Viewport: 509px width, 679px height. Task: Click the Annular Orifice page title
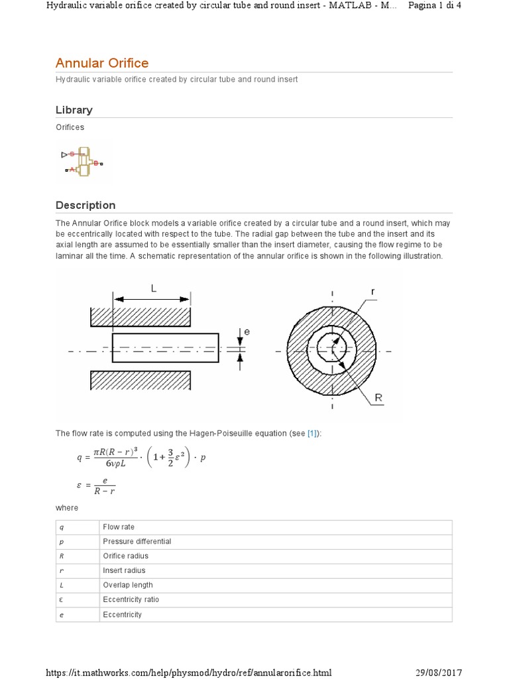102,63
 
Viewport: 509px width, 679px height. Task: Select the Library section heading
74,110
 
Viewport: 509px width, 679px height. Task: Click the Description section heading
85,206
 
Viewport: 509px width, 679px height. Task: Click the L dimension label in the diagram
154,289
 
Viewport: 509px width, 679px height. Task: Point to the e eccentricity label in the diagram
247,331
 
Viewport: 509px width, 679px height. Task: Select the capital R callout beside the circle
378,398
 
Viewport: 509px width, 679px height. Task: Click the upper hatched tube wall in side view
141,318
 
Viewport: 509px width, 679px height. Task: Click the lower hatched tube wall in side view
141,381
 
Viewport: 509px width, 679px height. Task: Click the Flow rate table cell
118,527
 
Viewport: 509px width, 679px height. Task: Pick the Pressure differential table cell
137,542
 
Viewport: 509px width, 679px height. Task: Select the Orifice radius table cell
125,556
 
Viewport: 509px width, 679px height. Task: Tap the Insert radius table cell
124,571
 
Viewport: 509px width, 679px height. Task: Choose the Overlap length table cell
127,586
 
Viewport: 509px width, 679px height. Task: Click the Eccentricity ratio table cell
131,600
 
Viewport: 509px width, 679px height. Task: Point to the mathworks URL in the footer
188,672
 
